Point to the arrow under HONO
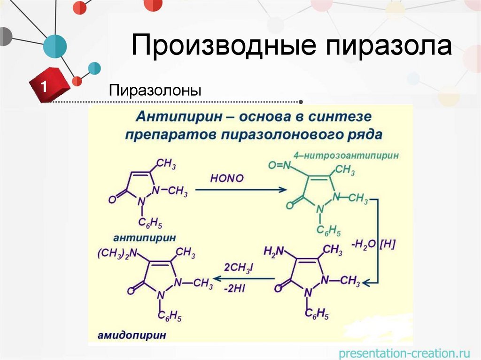coord(240,190)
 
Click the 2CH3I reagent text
coord(239,268)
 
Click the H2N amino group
coord(274,252)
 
